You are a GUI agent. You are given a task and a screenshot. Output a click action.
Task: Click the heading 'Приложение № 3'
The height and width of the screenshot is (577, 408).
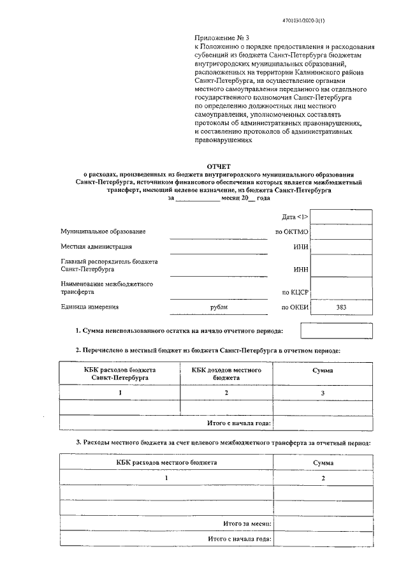pyautogui.click(x=216, y=39)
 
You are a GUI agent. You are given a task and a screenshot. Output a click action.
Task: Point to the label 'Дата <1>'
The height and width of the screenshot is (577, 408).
pyautogui.click(x=295, y=217)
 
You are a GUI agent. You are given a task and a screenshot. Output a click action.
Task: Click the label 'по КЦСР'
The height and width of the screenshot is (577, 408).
pyautogui.click(x=295, y=292)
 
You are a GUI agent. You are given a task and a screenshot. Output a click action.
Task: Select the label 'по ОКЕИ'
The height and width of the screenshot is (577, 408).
pyautogui.click(x=295, y=307)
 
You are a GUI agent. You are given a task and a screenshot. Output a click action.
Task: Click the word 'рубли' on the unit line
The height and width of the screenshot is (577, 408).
pyautogui.click(x=218, y=307)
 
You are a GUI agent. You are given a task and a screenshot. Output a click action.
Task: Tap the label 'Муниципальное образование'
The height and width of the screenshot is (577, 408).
pyautogui.click(x=103, y=230)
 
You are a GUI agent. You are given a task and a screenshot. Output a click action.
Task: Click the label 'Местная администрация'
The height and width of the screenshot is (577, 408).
pyautogui.click(x=97, y=246)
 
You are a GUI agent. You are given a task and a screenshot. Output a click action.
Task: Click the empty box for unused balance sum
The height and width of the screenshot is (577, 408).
pyautogui.click(x=336, y=330)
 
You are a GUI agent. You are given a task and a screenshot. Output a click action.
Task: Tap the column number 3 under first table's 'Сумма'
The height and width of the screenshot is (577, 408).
pyautogui.click(x=323, y=393)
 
